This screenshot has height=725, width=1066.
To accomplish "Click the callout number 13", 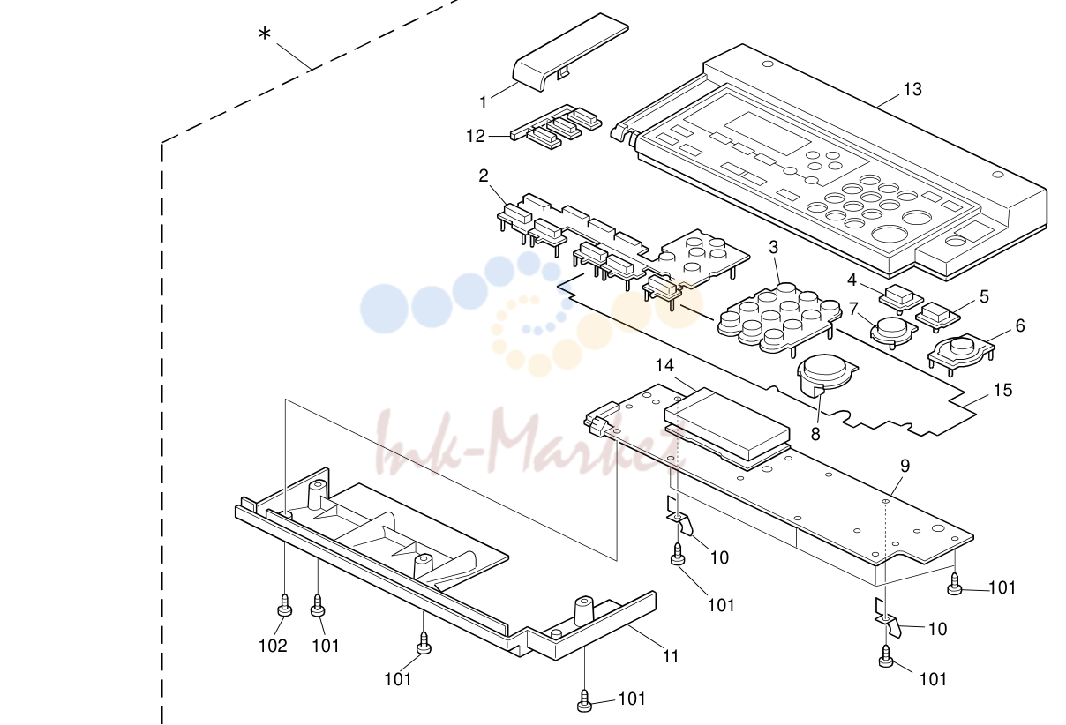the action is pos(912,89).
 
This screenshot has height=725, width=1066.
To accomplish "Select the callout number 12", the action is pos(476,136).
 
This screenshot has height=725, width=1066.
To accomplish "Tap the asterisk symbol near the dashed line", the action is pos(264,34).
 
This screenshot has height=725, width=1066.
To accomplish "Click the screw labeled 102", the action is pos(284,605).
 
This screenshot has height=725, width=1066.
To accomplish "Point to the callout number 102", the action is pos(273,646).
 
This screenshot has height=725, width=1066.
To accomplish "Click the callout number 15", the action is pos(1002,390).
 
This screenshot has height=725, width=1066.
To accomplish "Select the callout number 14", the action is pos(664,365).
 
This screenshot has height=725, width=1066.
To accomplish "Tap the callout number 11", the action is pos(671,656).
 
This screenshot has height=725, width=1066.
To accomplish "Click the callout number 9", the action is pos(905,466).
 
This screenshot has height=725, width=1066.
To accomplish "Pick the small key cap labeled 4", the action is pos(901,298).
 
